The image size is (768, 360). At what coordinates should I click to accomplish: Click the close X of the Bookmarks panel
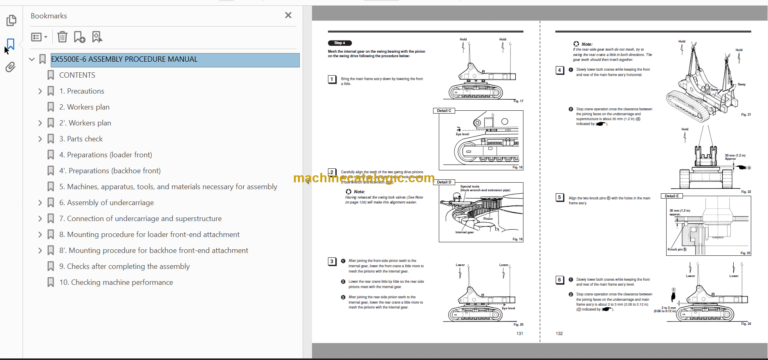[x=288, y=16]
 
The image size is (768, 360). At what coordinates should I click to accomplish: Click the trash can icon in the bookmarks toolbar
[x=61, y=37]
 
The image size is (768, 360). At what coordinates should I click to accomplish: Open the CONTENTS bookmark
[x=77, y=75]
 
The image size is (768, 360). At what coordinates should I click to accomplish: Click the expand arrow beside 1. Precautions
[x=40, y=91]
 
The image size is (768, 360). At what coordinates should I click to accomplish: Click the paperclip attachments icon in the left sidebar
[x=10, y=68]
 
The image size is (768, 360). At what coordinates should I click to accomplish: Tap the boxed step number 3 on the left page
[x=332, y=261]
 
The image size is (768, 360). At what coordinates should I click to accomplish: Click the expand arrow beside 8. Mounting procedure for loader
[x=40, y=234]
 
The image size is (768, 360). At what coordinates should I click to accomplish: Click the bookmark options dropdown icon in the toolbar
[x=38, y=37]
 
